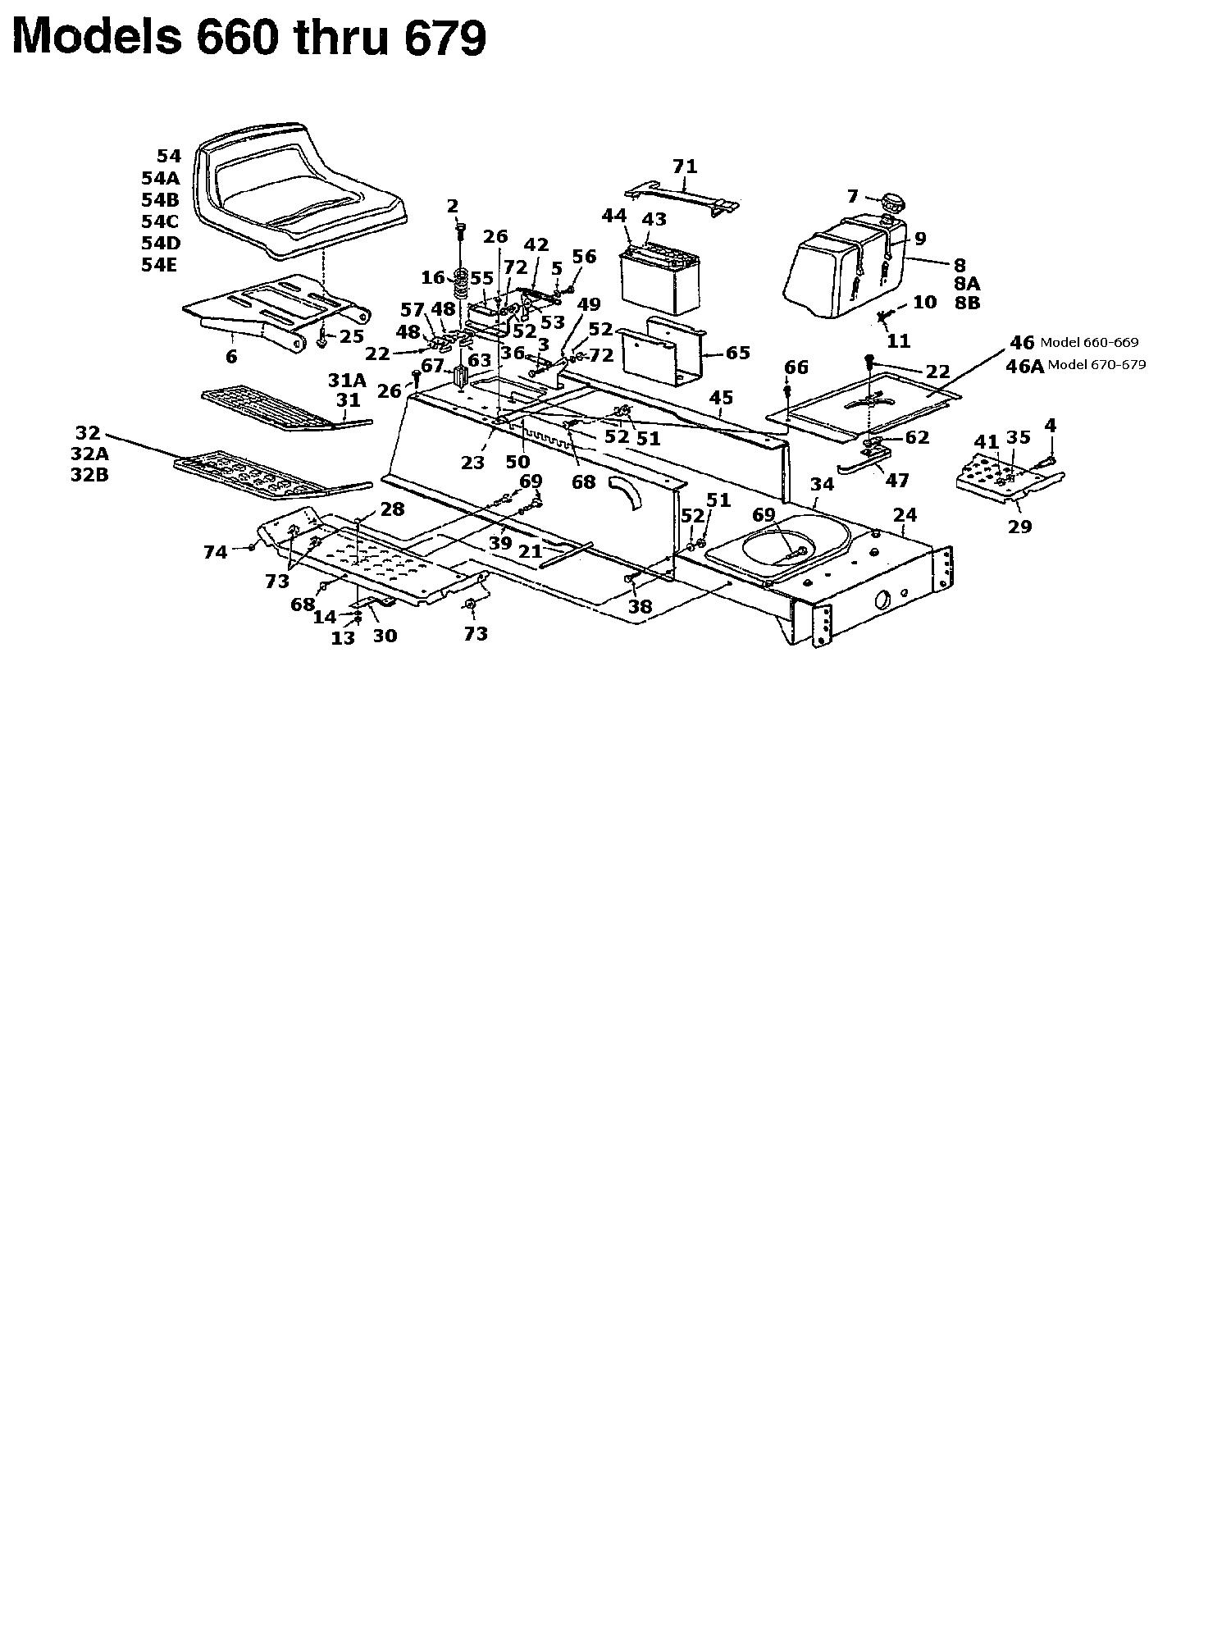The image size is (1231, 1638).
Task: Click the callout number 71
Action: (685, 167)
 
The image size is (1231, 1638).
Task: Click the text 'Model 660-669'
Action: (1089, 343)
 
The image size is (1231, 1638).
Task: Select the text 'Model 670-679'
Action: (1097, 365)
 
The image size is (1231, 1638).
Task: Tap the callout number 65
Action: (738, 353)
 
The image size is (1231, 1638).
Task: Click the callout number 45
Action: (721, 398)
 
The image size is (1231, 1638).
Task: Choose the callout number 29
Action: (1019, 527)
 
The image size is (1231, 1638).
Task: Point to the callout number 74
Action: (216, 554)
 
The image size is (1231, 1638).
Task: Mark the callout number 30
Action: (385, 636)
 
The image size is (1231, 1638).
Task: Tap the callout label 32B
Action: (89, 475)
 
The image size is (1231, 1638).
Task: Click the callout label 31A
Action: (347, 381)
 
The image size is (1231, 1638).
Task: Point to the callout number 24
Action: (905, 515)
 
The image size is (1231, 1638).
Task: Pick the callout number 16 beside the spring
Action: (433, 278)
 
